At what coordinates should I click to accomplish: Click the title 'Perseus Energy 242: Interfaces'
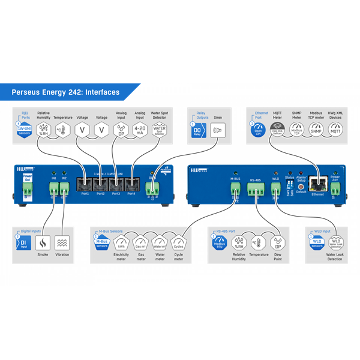click(x=66, y=92)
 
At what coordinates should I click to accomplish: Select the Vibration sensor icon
click(x=62, y=242)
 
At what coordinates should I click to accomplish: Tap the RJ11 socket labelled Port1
click(x=85, y=182)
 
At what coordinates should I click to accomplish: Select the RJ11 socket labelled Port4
click(x=131, y=182)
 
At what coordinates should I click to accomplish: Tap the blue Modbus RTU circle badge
click(x=220, y=243)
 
